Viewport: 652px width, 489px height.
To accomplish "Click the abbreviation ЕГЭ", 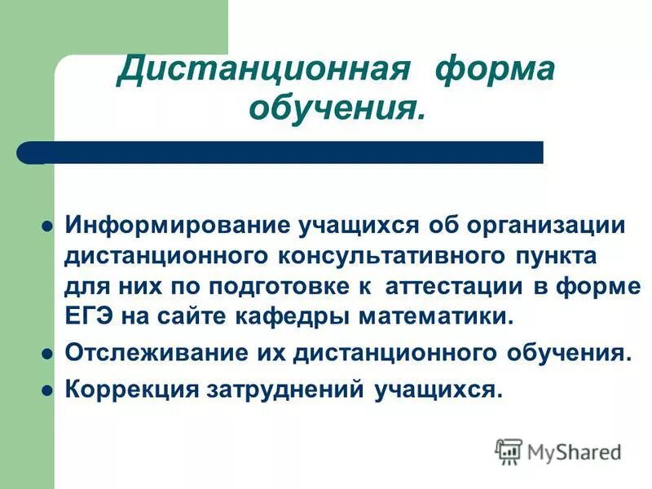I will [x=87, y=316].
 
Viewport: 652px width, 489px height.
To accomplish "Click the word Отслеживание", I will [x=147, y=355].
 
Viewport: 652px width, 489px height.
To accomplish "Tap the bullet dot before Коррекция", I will [x=47, y=390].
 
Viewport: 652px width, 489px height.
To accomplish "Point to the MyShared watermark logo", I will [x=559, y=451].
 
